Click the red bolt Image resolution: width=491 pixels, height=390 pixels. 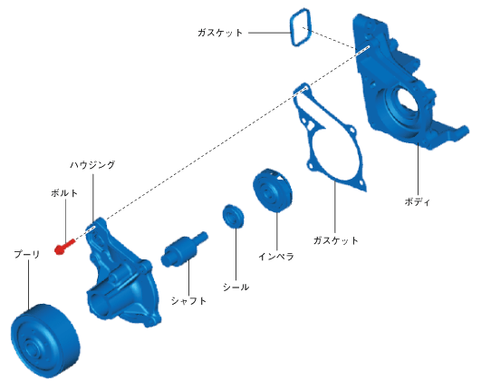[x=65, y=247]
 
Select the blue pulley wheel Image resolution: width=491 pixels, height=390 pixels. [x=45, y=340]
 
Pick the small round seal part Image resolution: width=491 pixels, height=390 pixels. [x=234, y=217]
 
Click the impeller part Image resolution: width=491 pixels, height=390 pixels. [x=273, y=190]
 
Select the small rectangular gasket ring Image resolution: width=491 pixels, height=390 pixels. [x=301, y=27]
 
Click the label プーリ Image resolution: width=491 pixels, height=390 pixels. [x=27, y=254]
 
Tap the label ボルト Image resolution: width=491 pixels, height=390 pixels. [x=64, y=193]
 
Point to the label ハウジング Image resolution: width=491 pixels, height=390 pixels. [x=92, y=165]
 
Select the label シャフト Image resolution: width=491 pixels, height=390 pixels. [x=188, y=301]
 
